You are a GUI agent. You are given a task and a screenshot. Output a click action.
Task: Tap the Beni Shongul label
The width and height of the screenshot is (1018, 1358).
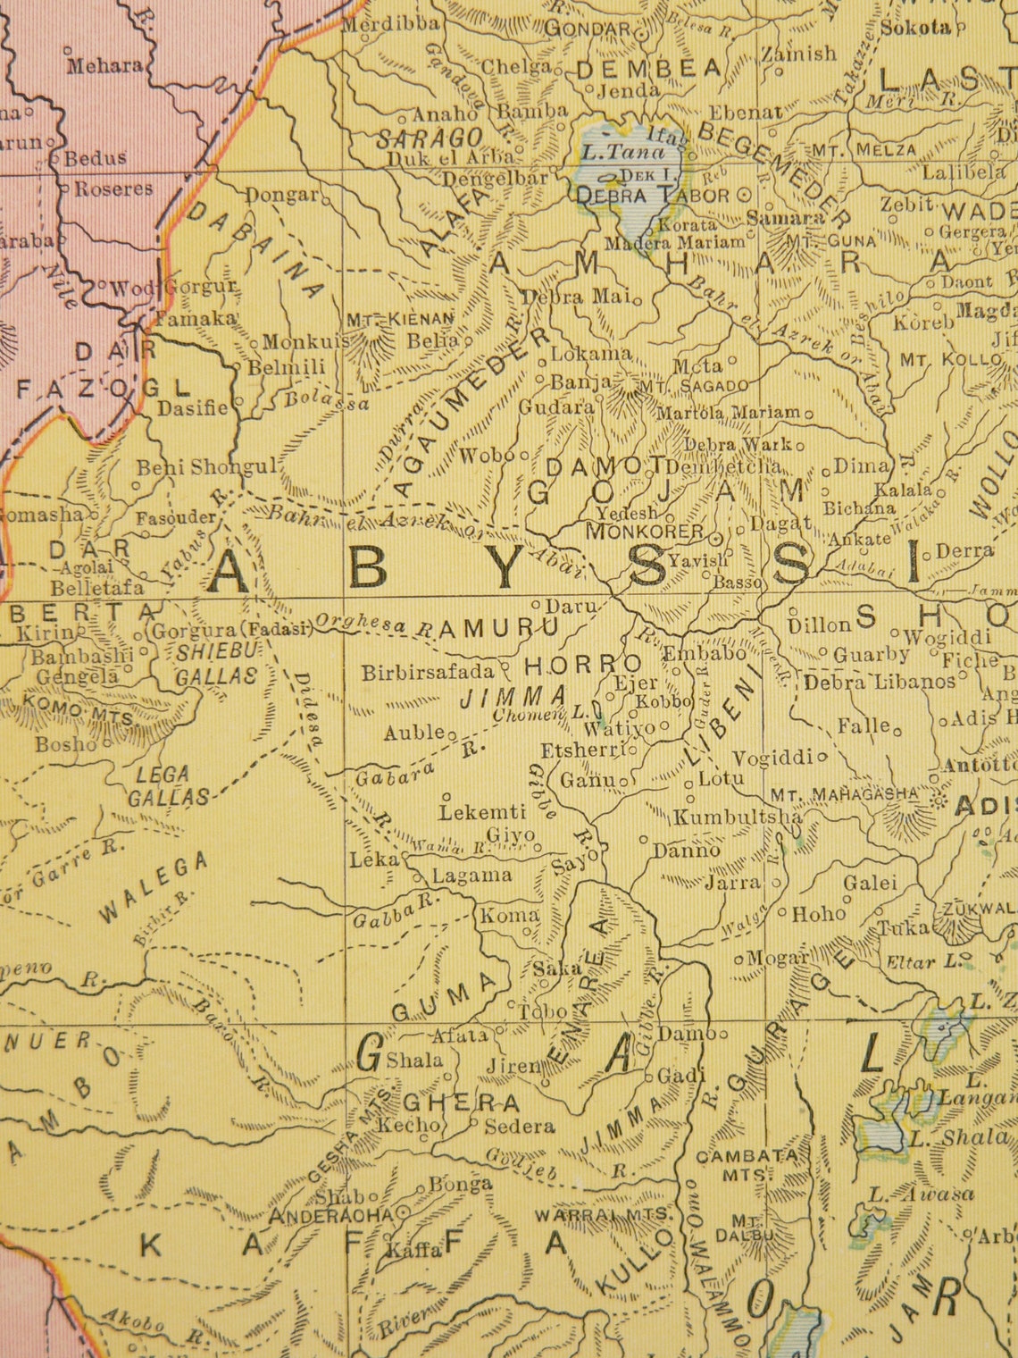click(x=208, y=466)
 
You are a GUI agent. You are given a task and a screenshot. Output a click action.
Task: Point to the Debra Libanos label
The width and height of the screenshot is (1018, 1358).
click(x=880, y=683)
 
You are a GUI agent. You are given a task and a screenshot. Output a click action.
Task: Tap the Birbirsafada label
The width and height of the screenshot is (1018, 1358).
click(x=428, y=673)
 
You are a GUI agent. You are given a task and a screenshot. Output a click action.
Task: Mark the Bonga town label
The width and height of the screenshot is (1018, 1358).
click(x=461, y=1185)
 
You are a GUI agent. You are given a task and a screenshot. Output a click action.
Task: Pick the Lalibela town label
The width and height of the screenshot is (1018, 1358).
click(x=964, y=172)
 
